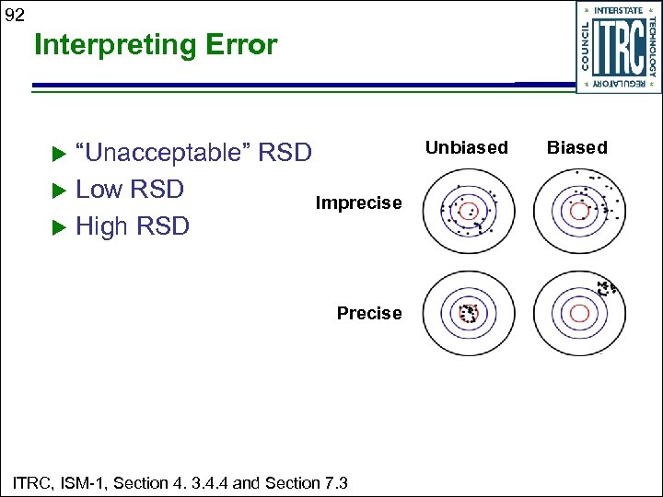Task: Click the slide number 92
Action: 15,14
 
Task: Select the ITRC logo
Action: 618,47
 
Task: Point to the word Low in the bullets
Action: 99,190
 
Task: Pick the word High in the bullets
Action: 100,226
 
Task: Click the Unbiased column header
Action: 466,147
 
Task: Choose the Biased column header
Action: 577,147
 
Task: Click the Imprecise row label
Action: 358,202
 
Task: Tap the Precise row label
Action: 369,313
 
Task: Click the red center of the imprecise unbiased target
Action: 468,211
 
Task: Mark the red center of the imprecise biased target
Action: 579,211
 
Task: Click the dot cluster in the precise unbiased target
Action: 469,313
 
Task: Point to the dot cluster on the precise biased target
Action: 605,287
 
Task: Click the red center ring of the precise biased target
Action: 579,314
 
